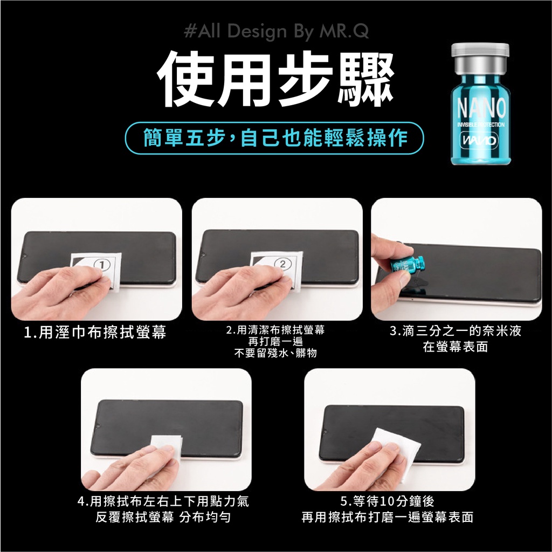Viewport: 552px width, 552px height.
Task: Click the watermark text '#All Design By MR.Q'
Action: tap(277, 31)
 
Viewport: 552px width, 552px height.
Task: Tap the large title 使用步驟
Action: tap(275, 79)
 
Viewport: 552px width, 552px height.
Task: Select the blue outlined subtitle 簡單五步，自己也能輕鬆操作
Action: tap(274, 138)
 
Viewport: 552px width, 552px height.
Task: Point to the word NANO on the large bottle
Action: tap(481, 107)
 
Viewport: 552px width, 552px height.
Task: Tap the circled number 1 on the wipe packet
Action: tap(102, 264)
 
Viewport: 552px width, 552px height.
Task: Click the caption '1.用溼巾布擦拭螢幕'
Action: tap(95, 332)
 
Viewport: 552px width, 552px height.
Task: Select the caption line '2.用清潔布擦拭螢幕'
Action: tap(275, 330)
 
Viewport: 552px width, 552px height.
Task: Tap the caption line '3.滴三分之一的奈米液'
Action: tap(455, 331)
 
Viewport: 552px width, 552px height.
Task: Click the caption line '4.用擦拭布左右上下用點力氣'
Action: tap(163, 501)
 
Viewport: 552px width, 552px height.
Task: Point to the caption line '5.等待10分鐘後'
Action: tap(387, 501)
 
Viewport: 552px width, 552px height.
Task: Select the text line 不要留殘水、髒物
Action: tap(275, 353)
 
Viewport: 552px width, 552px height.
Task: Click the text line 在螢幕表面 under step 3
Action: tap(455, 347)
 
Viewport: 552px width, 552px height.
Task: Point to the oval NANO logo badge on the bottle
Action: tap(479, 141)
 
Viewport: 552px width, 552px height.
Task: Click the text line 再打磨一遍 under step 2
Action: tap(275, 341)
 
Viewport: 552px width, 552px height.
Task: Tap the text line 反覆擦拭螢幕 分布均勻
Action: tap(163, 517)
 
